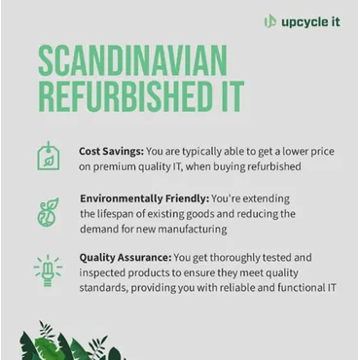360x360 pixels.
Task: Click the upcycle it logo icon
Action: click(270, 21)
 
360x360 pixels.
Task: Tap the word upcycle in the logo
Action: click(305, 21)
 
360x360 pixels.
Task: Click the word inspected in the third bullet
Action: click(112, 274)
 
